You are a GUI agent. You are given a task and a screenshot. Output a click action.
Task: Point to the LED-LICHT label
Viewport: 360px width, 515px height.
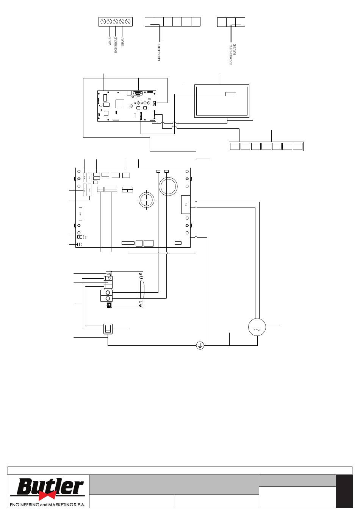159,52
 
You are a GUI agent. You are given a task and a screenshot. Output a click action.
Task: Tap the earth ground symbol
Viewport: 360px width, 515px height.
200,345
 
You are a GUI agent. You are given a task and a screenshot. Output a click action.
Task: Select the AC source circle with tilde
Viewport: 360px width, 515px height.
257,328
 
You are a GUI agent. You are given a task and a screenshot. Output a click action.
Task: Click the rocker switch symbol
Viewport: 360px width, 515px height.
109,329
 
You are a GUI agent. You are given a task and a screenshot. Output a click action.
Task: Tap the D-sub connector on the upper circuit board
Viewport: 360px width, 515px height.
138,93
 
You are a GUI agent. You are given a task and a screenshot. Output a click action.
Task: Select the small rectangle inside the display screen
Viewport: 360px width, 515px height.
230,94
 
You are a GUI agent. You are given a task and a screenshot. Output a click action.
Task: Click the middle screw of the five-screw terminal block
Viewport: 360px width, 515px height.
116,22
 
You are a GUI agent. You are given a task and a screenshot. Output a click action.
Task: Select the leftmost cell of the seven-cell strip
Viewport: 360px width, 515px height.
235,146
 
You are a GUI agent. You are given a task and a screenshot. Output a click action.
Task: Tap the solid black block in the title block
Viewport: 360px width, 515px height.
344,491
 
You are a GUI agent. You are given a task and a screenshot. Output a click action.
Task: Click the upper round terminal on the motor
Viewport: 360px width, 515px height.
108,292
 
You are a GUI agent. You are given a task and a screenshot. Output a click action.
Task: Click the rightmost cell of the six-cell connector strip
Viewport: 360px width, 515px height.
196,22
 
